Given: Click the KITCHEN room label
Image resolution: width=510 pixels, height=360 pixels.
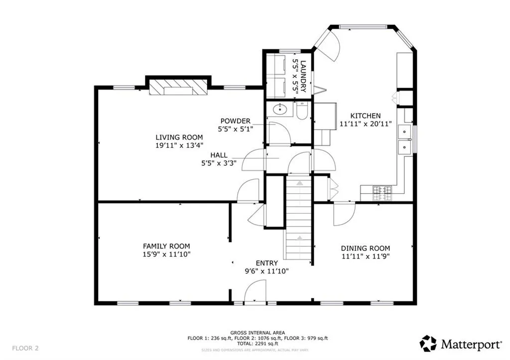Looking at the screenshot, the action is (x=365, y=116).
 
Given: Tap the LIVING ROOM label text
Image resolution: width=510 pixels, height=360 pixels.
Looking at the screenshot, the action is (x=179, y=137).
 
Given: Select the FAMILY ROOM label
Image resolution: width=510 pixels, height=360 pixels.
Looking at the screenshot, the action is (x=166, y=246).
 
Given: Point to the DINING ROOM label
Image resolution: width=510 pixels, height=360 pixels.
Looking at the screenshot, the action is (x=365, y=248).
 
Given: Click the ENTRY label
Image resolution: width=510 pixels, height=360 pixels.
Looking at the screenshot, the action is (x=267, y=263).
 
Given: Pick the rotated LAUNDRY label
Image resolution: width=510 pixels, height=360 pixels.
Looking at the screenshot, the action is (x=303, y=76).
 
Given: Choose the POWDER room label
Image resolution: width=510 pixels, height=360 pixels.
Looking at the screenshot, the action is (x=236, y=121).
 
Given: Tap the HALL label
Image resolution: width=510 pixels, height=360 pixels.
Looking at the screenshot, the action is (x=219, y=155).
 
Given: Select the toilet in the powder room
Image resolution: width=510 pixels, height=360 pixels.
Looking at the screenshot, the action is (x=302, y=111).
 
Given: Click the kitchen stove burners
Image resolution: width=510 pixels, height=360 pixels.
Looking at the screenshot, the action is (x=382, y=193).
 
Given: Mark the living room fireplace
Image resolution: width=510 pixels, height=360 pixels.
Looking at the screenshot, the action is (x=178, y=87).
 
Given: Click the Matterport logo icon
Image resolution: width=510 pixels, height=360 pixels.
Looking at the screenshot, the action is (x=428, y=344).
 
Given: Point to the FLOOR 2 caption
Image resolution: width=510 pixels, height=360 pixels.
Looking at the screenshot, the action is (x=25, y=348).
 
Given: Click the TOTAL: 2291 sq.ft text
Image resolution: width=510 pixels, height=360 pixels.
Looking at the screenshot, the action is (x=257, y=344).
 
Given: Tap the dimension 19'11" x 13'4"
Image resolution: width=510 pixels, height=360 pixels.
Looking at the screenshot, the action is (x=179, y=145).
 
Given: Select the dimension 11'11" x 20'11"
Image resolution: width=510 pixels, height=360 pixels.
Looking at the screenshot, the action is (x=366, y=124).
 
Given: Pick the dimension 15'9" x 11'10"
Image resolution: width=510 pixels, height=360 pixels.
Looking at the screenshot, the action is (x=166, y=254).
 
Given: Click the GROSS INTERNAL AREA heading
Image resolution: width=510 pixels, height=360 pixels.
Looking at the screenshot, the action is (x=257, y=333).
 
